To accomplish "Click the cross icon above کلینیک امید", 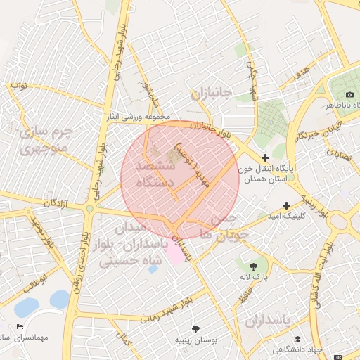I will coord(287,205).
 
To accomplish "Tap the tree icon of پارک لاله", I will coord(253,266).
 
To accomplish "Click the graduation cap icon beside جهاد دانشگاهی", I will coord(297,340).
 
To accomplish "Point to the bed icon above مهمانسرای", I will coord(20,327).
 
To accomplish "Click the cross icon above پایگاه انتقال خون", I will coord(265,158).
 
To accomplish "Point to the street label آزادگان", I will coord(60,202).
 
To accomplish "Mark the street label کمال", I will coord(125,342).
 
